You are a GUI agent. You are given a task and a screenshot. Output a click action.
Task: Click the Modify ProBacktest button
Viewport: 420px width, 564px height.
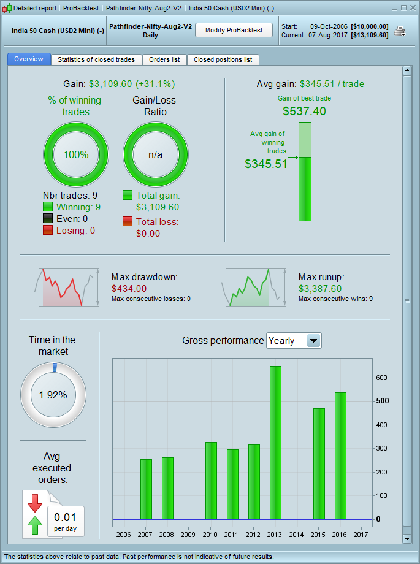click(234, 30)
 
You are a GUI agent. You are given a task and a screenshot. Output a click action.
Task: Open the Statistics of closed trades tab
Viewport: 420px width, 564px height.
click(96, 59)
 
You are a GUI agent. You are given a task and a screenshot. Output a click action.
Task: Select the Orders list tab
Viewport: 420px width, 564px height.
click(164, 59)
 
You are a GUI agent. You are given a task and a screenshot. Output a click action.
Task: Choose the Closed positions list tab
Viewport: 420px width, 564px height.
click(223, 59)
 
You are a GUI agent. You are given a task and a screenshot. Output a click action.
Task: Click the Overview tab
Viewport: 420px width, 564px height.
click(29, 59)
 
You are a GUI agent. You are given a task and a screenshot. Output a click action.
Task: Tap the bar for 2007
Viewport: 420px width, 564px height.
click(146, 489)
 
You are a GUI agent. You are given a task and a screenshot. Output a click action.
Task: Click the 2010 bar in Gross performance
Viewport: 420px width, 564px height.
click(211, 481)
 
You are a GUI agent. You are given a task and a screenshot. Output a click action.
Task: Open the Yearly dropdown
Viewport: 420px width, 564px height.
click(294, 341)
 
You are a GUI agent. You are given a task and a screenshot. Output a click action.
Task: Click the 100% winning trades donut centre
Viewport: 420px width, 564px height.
click(76, 154)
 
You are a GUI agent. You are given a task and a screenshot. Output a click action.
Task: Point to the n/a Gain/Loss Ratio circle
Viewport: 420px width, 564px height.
click(156, 154)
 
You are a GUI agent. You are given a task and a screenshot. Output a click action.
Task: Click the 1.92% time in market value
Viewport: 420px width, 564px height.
click(53, 395)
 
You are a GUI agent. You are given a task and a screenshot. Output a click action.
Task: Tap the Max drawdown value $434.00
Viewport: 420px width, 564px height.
click(129, 288)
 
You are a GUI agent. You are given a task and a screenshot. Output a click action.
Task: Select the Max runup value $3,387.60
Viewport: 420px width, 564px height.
click(320, 288)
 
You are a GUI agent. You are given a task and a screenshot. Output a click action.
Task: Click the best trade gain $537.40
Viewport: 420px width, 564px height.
click(304, 111)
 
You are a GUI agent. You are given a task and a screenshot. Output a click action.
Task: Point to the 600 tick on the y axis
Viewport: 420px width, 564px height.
click(382, 378)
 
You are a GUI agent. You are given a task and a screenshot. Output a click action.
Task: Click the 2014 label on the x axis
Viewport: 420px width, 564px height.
click(297, 535)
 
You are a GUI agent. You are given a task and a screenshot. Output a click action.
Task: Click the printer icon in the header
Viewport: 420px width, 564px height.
click(400, 31)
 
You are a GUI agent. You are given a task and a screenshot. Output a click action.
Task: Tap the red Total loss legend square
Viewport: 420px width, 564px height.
click(128, 221)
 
